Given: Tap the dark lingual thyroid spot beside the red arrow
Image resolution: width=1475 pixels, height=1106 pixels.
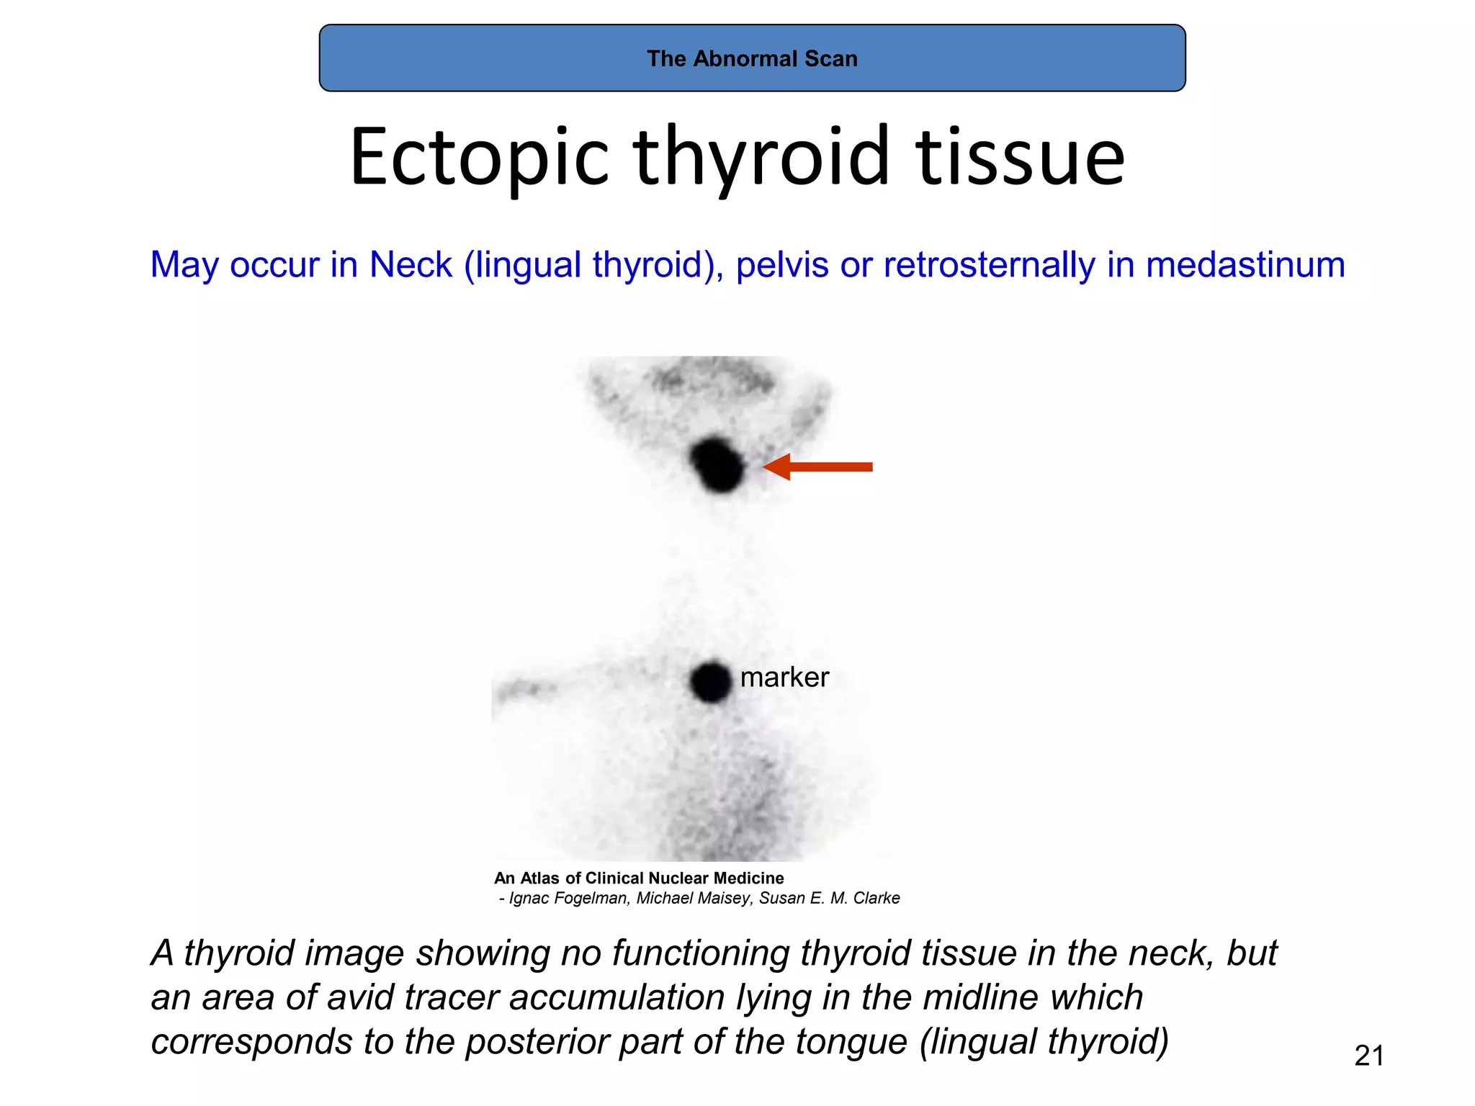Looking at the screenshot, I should point(716,464).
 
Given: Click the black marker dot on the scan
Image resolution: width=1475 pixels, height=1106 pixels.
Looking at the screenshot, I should point(710,681).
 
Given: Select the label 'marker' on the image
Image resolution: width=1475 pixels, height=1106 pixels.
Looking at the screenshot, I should point(784,677).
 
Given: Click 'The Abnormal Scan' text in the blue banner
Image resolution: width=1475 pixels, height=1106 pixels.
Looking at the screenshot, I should point(752,58).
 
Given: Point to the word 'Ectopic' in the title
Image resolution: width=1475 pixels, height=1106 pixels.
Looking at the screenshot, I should point(479,157).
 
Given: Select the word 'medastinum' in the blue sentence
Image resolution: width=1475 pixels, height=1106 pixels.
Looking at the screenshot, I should point(1245,264).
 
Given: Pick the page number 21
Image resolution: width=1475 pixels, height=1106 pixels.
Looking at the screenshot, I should point(1368,1056).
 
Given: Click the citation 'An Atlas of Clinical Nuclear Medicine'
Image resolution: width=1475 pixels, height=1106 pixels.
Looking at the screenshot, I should point(639,878).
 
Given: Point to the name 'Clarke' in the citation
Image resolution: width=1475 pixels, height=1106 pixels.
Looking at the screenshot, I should point(876,898).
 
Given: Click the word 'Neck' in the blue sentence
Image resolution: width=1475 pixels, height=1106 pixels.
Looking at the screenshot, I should point(411,264).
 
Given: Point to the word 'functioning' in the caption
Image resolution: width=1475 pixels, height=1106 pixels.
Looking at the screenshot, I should point(701,953).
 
